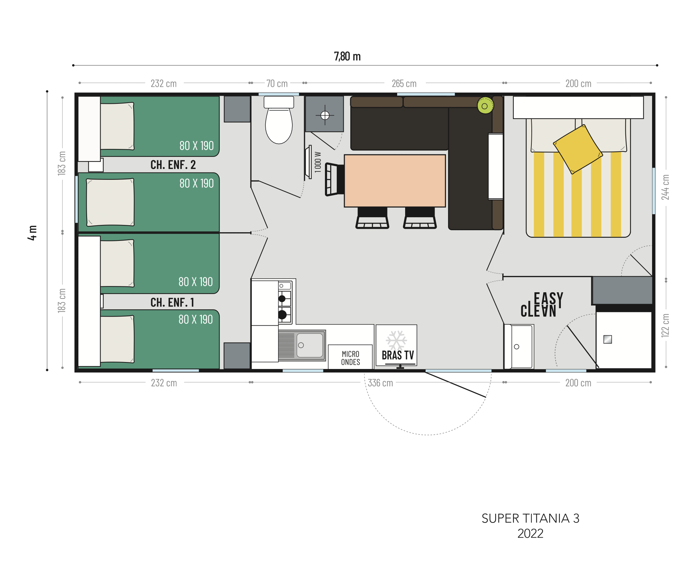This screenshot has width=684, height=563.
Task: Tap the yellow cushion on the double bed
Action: pos(578,149)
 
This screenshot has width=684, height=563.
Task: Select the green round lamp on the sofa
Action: pos(485,106)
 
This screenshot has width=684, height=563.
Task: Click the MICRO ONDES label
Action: pos(350,358)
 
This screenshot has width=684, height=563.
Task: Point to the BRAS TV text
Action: pos(398,355)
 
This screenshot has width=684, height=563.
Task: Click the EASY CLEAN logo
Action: pos(541,304)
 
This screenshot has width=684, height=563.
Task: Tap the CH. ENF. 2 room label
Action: pos(173,165)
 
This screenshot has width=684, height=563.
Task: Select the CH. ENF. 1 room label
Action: pos(172,303)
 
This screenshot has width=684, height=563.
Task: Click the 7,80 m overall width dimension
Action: pos(347,56)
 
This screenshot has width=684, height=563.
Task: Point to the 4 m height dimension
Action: pos(32,233)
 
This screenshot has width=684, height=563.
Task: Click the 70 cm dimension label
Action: pos(277,84)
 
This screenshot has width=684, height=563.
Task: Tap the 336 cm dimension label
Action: pos(380,383)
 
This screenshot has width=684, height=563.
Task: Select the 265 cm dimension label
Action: pos(404,84)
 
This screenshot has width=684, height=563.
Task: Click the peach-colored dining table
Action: pos(395,181)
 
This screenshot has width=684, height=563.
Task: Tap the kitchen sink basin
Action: pos(310,345)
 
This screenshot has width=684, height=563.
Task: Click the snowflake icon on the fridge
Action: pos(396,340)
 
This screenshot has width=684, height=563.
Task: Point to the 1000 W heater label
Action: pos(318,162)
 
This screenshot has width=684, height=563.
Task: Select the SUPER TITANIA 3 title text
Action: pos(530,518)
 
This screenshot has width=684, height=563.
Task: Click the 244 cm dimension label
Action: pos(665,187)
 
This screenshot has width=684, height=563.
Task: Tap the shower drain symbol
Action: pos(325,115)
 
